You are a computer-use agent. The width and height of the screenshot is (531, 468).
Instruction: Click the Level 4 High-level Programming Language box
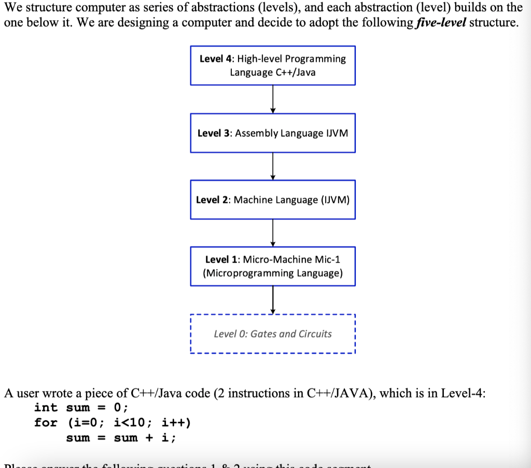click(272, 65)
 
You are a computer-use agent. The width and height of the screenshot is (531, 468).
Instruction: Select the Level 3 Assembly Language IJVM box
click(272, 133)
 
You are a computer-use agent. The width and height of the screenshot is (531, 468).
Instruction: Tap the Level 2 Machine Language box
click(272, 200)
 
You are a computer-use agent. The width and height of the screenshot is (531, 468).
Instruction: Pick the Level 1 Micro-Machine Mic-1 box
click(272, 266)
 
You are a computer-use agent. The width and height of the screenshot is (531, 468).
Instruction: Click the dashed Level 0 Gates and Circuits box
click(272, 334)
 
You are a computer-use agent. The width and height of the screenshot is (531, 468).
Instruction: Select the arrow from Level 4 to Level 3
click(273, 99)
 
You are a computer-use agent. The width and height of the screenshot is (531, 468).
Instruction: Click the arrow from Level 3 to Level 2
click(273, 166)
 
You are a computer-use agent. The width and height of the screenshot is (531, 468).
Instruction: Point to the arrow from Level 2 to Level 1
click(273, 233)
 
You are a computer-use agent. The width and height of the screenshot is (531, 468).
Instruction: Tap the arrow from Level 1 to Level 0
click(273, 300)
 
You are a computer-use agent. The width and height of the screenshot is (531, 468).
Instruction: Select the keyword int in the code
click(46, 408)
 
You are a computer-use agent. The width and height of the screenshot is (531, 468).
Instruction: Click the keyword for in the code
click(46, 422)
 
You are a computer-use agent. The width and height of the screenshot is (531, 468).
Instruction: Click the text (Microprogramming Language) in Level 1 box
click(273, 273)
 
